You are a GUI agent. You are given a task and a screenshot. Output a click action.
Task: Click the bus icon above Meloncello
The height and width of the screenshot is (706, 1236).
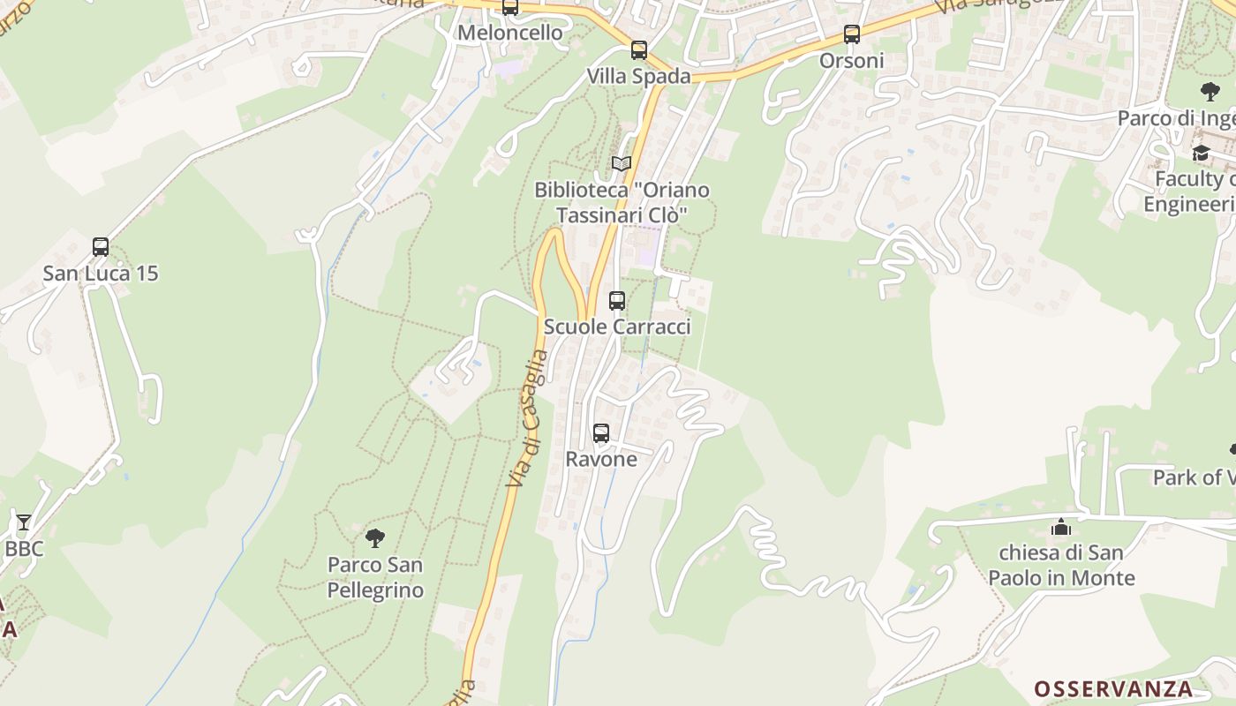pyautogui.click(x=510, y=8)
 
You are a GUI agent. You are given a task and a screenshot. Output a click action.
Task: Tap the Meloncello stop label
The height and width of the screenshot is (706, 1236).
pyautogui.click(x=510, y=33)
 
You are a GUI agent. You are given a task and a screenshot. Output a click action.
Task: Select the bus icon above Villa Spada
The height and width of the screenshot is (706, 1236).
pyautogui.click(x=639, y=50)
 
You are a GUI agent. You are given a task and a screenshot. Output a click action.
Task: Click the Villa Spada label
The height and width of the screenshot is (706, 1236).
pyautogui.click(x=639, y=76)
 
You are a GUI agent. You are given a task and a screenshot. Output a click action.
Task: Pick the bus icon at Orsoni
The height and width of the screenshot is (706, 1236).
pyautogui.click(x=852, y=34)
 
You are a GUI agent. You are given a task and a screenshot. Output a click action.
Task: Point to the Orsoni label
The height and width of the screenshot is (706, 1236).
pyautogui.click(x=852, y=60)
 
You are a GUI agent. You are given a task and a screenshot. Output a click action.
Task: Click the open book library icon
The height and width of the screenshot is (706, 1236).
pyautogui.click(x=622, y=164)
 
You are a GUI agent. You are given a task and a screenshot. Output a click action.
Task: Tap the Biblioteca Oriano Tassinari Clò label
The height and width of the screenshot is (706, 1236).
pyautogui.click(x=622, y=202)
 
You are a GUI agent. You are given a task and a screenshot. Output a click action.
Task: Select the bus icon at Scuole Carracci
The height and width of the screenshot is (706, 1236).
pyautogui.click(x=617, y=301)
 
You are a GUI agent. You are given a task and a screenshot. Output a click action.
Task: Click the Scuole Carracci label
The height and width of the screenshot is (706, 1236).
pyautogui.click(x=617, y=327)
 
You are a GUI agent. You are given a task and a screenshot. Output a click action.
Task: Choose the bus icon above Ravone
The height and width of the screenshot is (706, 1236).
pyautogui.click(x=601, y=433)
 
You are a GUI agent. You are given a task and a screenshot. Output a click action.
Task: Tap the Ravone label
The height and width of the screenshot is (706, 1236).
pyautogui.click(x=601, y=459)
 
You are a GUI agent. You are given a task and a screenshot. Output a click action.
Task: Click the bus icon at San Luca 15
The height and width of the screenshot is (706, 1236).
pyautogui.click(x=101, y=247)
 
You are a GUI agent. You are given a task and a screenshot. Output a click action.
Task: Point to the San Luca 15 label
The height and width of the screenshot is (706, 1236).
pyautogui.click(x=101, y=273)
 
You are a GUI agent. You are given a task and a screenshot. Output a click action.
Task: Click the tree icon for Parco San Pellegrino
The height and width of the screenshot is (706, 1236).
pyautogui.click(x=375, y=537)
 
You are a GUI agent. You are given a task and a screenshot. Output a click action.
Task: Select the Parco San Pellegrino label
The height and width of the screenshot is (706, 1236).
pyautogui.click(x=375, y=577)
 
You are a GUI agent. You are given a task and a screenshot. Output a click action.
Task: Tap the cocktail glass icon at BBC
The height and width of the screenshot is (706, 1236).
pyautogui.click(x=24, y=522)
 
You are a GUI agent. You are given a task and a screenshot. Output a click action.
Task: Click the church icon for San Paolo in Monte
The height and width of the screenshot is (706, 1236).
pyautogui.click(x=1061, y=528)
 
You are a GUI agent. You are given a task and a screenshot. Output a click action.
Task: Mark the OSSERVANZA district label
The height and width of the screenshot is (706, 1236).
pyautogui.click(x=1113, y=688)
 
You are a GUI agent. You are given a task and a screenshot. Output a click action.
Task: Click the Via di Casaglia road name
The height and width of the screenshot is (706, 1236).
pyautogui.click(x=528, y=419)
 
